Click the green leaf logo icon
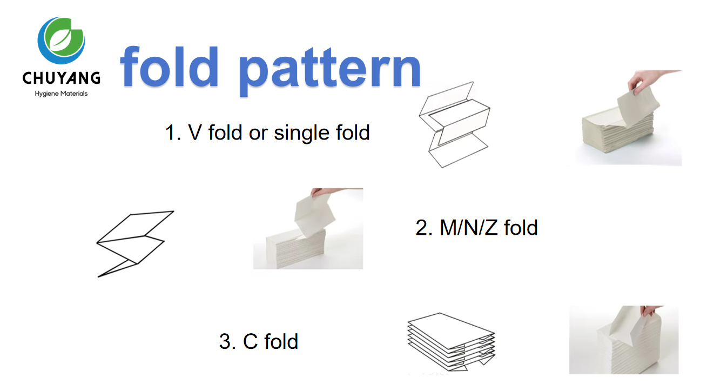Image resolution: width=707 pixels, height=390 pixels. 61,41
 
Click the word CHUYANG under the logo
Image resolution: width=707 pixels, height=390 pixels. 61,78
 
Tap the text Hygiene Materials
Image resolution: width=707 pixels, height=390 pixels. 61,94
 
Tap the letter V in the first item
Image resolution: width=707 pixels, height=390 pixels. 195,133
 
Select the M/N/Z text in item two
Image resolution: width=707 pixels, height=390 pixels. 469,228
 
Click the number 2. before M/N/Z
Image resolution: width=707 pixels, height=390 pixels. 424,228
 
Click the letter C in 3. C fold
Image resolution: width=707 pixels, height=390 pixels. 250,342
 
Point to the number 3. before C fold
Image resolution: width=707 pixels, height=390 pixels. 227,342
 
